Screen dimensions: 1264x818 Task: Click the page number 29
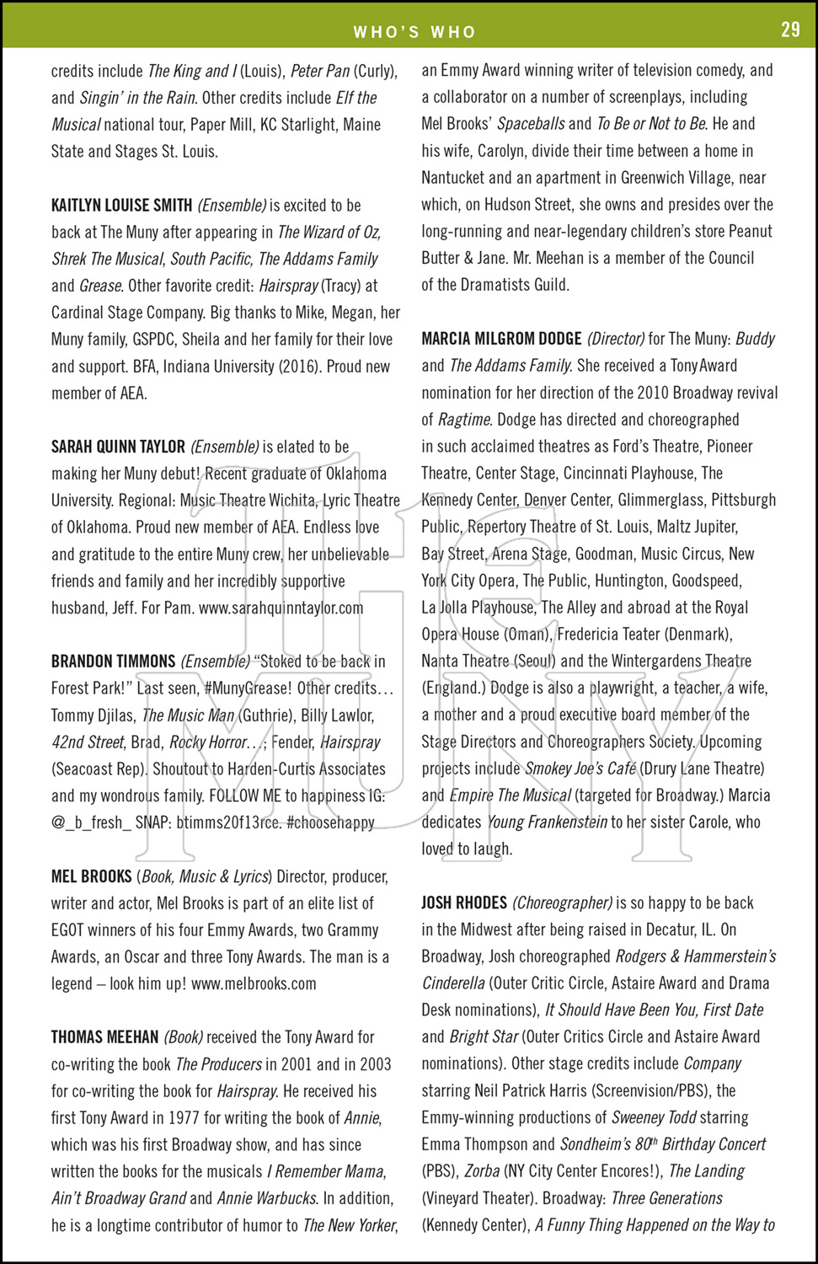pos(790,29)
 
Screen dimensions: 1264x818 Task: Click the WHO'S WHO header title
pos(414,32)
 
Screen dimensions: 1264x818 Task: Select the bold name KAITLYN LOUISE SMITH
pos(121,205)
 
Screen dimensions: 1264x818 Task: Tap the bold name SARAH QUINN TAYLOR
pos(118,447)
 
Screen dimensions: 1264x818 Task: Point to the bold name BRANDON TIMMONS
pos(113,661)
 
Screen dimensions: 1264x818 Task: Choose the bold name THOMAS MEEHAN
pos(104,1037)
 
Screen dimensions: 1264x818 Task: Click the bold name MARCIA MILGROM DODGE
pos(501,339)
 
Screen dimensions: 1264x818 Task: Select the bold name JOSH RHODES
pos(464,902)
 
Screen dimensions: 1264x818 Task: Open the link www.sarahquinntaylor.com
pos(281,608)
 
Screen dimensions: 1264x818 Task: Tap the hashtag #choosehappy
pos(330,822)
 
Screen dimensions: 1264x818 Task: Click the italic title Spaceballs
pos(531,124)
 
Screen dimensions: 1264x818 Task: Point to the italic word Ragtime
pos(463,420)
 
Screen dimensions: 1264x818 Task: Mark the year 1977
pos(179,1118)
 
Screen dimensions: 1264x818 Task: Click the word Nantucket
pos(452,178)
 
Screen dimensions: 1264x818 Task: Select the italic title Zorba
pos(483,1171)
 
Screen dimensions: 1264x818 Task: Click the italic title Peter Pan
pos(319,71)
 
